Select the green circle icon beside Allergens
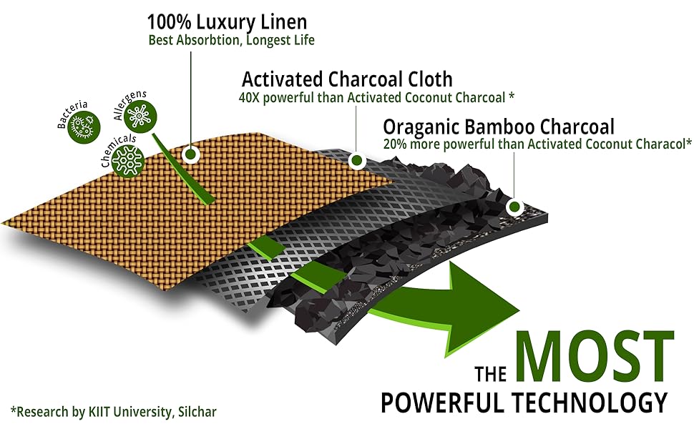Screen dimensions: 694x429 (136, 114)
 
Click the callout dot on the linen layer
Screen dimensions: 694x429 (190, 154)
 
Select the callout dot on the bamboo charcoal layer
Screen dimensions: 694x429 (513, 207)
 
